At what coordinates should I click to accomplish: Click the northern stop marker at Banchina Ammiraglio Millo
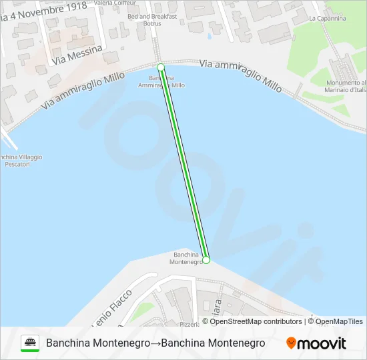(161, 67)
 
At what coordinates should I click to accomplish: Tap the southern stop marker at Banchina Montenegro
(206, 260)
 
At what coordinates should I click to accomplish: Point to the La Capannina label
(328, 19)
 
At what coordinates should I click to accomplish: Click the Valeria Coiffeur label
(111, 3)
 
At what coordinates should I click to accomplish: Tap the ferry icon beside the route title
(30, 343)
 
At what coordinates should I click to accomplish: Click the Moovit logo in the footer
(316, 343)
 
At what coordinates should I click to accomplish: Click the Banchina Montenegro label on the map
(188, 258)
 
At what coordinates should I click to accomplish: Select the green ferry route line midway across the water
(183, 163)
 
